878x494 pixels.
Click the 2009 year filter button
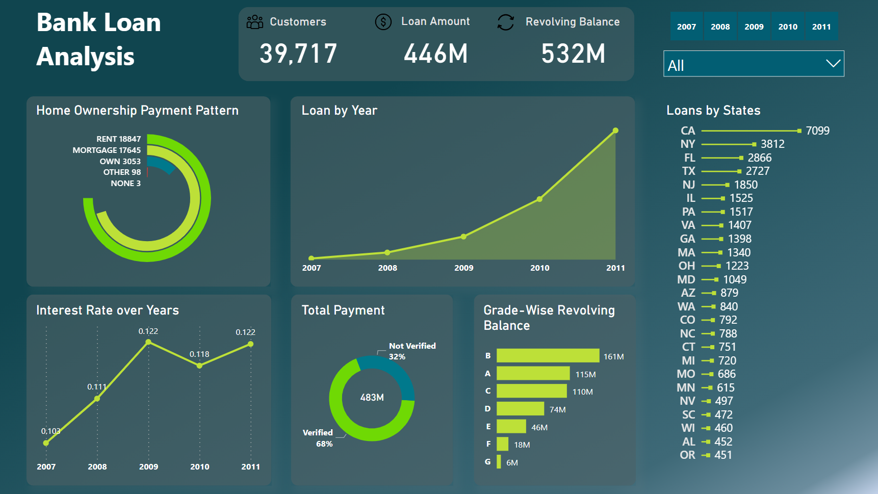(x=754, y=27)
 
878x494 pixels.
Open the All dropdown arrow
(x=833, y=64)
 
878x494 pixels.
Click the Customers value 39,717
(x=298, y=54)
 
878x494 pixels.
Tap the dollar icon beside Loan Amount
(x=383, y=22)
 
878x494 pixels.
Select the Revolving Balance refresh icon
(x=505, y=22)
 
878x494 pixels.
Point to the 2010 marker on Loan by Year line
(x=539, y=199)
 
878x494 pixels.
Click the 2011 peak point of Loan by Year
(x=615, y=131)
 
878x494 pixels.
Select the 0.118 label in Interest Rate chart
(x=199, y=354)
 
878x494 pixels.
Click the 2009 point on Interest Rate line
(x=148, y=342)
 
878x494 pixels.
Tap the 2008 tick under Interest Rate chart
(x=97, y=466)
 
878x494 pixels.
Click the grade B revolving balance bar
(x=548, y=355)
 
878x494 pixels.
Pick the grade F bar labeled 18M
(x=502, y=444)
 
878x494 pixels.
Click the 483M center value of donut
(x=372, y=397)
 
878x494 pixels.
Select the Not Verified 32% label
(x=411, y=351)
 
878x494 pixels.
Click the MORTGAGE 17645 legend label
(x=107, y=150)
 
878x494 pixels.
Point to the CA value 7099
(x=817, y=131)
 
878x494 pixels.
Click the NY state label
(x=687, y=144)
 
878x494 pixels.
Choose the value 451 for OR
(x=723, y=455)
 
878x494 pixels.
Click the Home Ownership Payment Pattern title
(x=137, y=111)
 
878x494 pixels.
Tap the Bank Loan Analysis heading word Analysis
(x=85, y=57)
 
